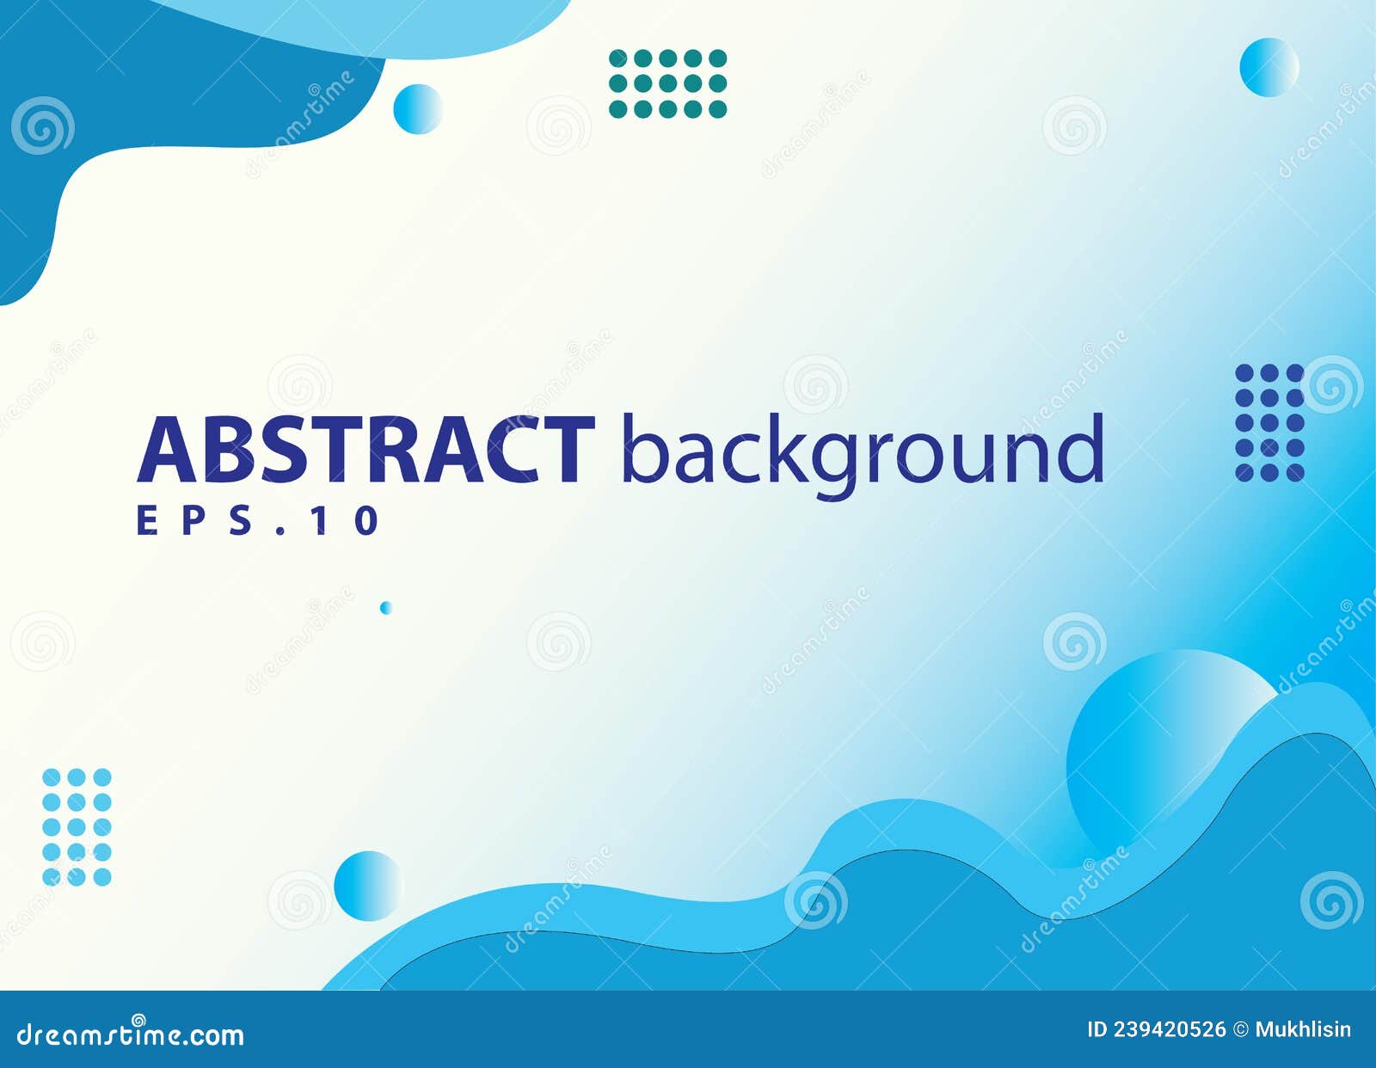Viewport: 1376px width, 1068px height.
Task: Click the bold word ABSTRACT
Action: (x=365, y=449)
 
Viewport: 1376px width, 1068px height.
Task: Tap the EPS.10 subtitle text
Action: (x=258, y=521)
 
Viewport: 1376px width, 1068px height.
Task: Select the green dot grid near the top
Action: (x=667, y=83)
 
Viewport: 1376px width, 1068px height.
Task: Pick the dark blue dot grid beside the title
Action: (x=1269, y=422)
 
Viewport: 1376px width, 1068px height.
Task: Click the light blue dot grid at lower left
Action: (x=77, y=827)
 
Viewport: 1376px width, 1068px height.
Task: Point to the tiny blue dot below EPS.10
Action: (x=386, y=608)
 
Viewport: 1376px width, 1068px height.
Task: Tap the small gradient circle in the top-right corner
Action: (x=1268, y=67)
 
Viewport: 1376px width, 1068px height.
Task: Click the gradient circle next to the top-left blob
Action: (x=418, y=109)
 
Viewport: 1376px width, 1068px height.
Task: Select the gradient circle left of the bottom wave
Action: (x=368, y=885)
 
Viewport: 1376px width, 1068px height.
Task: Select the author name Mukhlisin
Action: (x=1303, y=1029)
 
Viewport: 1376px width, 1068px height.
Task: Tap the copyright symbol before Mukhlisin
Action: (x=1240, y=1029)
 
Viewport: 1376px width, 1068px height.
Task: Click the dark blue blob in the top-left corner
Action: (x=129, y=95)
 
